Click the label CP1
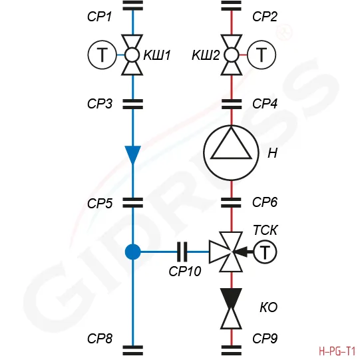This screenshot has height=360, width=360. [99, 17]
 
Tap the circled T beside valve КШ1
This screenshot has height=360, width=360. [102, 55]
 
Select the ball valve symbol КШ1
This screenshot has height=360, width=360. [132, 55]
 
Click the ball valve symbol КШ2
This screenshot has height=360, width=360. [232, 55]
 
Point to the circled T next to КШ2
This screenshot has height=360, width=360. [262, 55]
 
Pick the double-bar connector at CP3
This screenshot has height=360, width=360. [133, 104]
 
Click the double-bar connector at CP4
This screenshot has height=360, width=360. [232, 104]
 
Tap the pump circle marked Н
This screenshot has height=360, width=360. [231, 152]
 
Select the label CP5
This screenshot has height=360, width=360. [100, 204]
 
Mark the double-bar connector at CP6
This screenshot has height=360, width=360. [231, 202]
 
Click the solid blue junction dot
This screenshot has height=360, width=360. [133, 252]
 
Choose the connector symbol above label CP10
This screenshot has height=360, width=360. [182, 252]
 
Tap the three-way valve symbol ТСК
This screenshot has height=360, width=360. [226, 252]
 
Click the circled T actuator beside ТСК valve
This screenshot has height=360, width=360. [266, 252]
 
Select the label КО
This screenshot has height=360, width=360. [269, 307]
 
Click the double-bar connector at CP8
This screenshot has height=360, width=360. [133, 351]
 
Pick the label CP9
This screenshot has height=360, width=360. [265, 338]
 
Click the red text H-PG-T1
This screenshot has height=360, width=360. [337, 351]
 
